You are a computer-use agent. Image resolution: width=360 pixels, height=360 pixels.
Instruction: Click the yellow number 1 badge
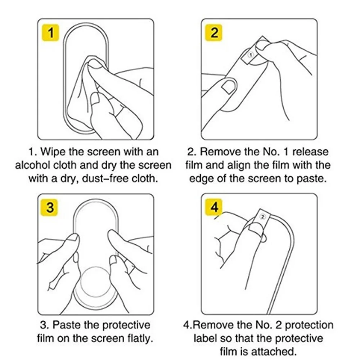click(x=50, y=33)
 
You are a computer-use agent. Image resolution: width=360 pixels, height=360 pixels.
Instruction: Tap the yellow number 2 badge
click(x=214, y=33)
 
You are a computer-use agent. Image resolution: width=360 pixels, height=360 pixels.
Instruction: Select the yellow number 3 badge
click(x=49, y=207)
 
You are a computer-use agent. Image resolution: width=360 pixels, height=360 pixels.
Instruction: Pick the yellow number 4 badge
click(x=214, y=207)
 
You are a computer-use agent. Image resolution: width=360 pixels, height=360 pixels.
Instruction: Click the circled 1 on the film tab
click(x=251, y=55)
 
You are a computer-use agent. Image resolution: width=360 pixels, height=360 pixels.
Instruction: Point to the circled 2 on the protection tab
click(x=263, y=216)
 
